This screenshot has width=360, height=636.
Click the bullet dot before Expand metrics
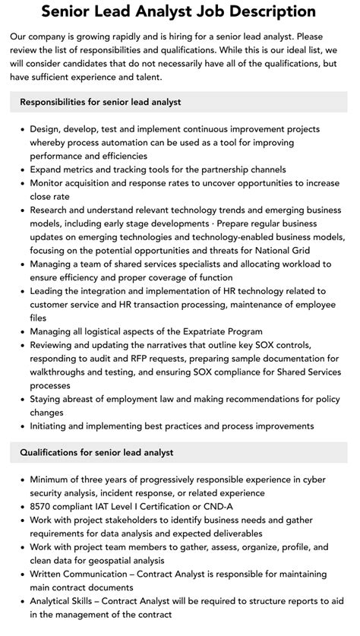[x=21, y=170]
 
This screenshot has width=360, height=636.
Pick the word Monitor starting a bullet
[x=50, y=183]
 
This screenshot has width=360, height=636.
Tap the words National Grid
[x=298, y=251]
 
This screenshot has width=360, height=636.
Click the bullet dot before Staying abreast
[x=21, y=399]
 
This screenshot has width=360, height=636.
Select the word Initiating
[x=52, y=426]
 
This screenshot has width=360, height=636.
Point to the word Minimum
[x=52, y=479]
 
